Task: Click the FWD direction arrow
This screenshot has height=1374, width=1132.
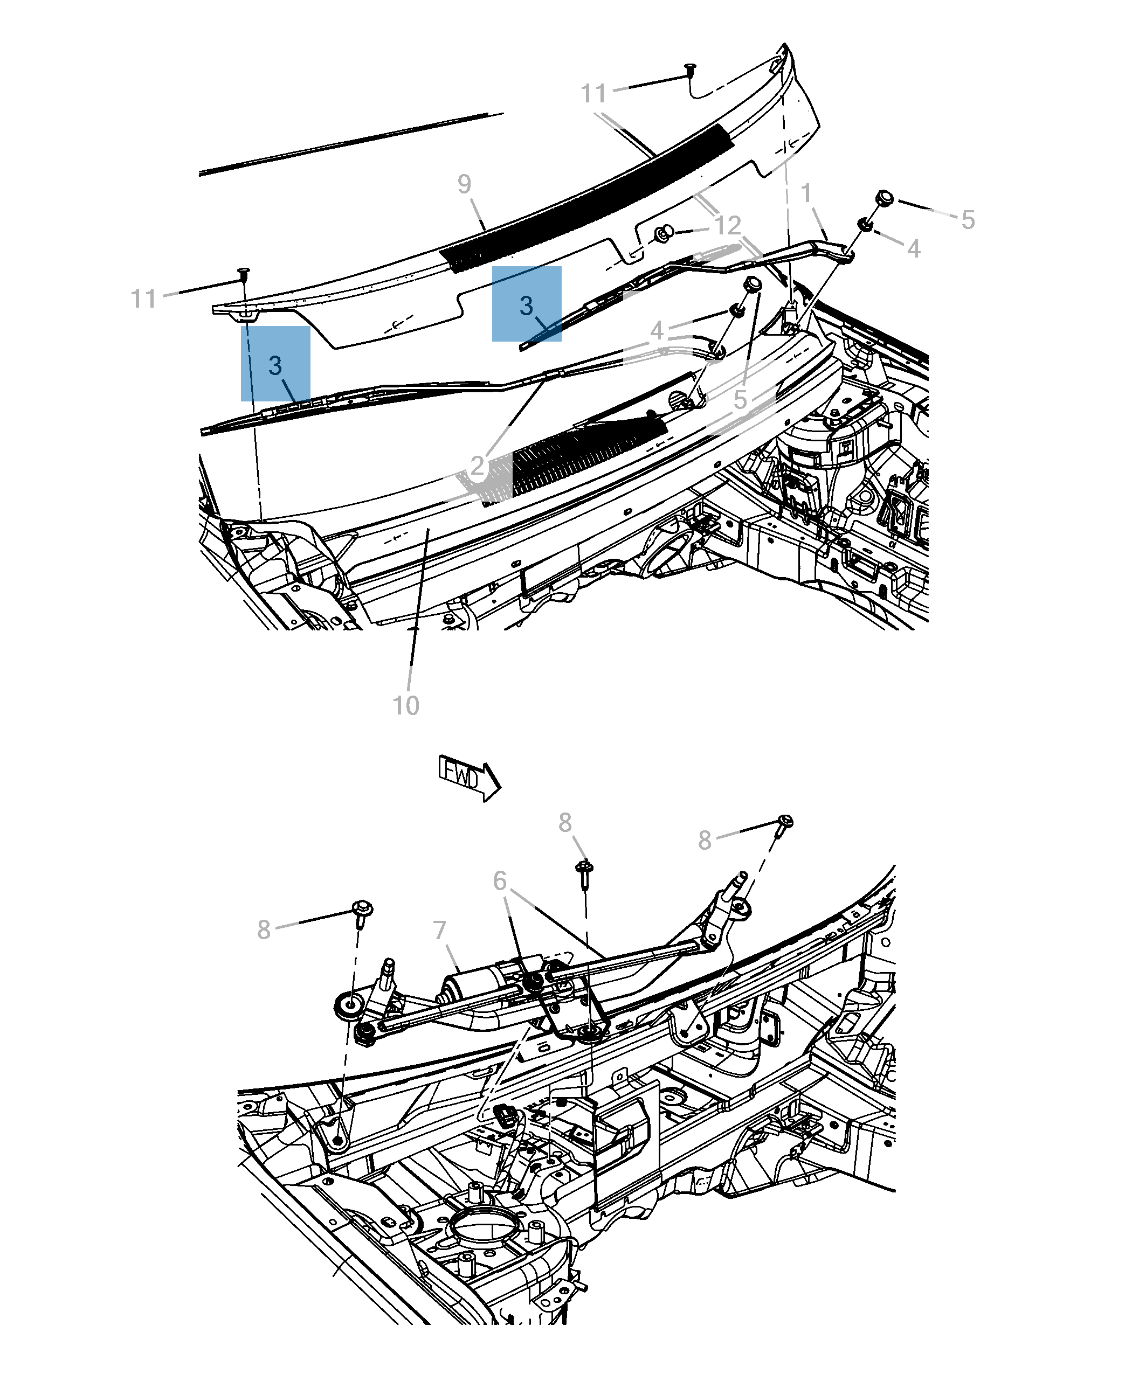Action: pos(468,778)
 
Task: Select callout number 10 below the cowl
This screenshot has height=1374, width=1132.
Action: pos(405,705)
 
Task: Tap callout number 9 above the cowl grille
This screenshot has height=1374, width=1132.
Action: pos(464,184)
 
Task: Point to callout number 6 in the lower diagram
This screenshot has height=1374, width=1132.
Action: pos(500,881)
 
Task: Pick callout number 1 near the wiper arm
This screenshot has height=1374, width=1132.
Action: pos(806,193)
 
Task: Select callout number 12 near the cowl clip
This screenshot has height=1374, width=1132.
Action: pos(728,226)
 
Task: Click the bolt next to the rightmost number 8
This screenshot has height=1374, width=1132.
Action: pos(785,824)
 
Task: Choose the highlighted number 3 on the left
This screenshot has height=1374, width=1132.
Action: pos(275,365)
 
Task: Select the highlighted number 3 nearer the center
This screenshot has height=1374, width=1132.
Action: pos(526,305)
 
